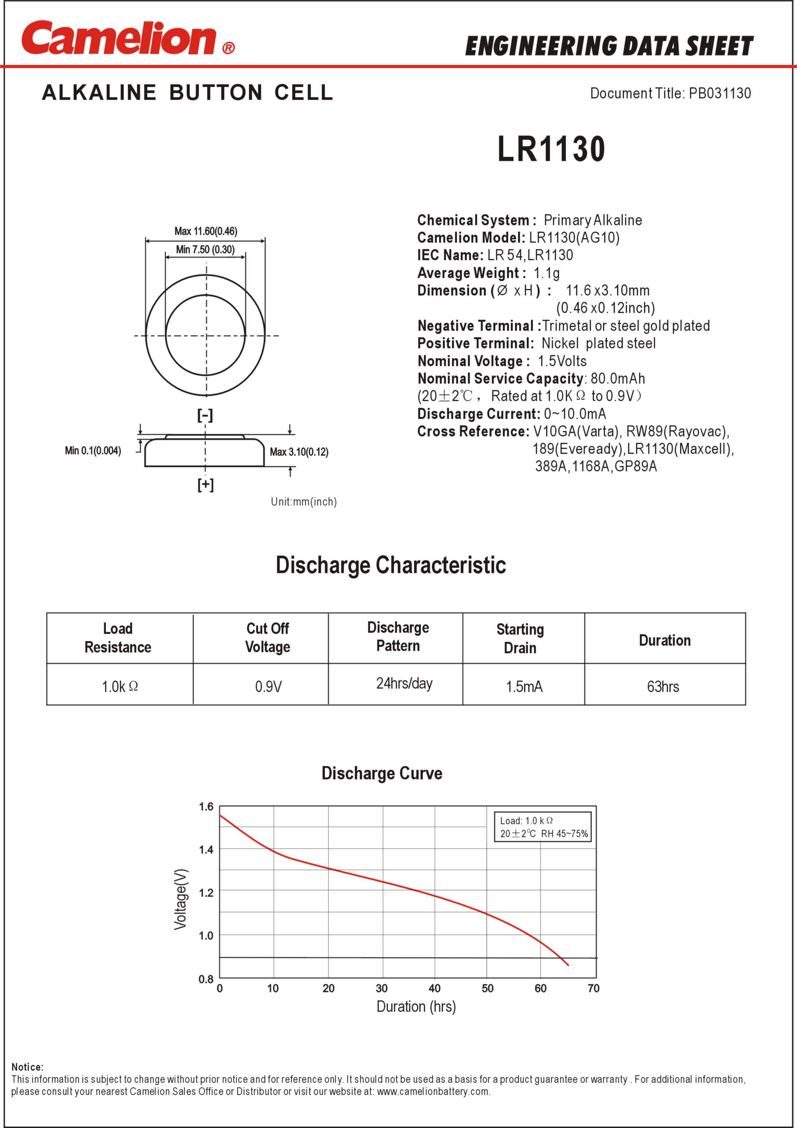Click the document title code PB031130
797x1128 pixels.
coord(720,93)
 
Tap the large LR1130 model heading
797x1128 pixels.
coord(551,149)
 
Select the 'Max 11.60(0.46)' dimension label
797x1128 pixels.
coord(206,231)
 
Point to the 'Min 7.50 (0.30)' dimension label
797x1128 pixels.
coord(205,250)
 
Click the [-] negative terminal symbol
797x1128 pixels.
coord(205,415)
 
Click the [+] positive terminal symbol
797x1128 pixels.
coord(205,485)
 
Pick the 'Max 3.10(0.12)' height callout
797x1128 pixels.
coord(299,452)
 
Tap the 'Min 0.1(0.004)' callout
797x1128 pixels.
coord(93,450)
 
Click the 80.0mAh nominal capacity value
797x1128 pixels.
coord(618,378)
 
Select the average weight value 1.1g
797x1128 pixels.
coord(547,273)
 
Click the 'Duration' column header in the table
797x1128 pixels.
coord(665,640)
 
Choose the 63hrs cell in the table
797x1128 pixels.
coord(663,686)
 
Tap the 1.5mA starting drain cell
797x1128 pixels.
coord(524,686)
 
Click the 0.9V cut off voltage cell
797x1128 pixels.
coord(268,686)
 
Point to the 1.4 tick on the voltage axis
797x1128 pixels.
coord(206,850)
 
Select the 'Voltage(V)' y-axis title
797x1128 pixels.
coord(180,899)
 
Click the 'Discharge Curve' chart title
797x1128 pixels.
coord(381,773)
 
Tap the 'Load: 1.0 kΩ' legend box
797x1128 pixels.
coord(543,827)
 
